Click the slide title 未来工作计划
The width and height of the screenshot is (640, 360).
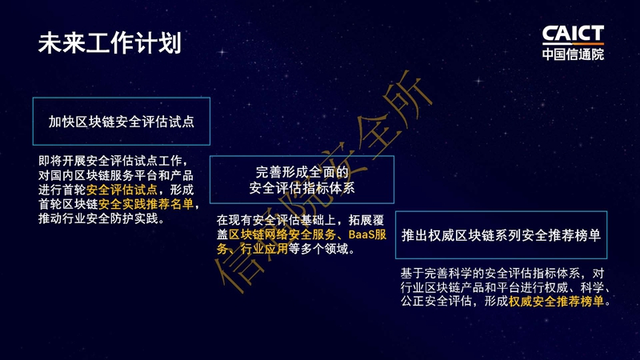pyautogui.click(x=110, y=43)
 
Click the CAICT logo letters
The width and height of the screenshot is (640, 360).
pyautogui.click(x=573, y=34)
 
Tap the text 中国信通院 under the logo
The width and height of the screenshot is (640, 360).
pyautogui.click(x=573, y=54)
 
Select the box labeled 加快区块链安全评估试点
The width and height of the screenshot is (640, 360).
pyautogui.click(x=122, y=122)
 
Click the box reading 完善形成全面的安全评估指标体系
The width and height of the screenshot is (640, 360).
pyautogui.click(x=302, y=179)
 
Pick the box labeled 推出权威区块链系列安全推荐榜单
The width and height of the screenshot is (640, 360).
pyautogui.click(x=501, y=235)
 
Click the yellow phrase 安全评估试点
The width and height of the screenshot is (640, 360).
pyautogui.click(x=122, y=190)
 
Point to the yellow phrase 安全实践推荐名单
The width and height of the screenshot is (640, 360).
pyautogui.click(x=146, y=204)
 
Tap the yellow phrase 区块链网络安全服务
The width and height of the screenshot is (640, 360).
pyautogui.click(x=282, y=234)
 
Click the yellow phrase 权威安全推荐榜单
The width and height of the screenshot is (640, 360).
pyautogui.click(x=556, y=302)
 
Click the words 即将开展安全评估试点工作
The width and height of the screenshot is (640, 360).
pyautogui.click(x=110, y=161)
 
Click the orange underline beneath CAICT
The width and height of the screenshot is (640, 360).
pyautogui.click(x=573, y=43)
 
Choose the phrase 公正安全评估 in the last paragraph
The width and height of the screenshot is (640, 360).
pyautogui.click(x=436, y=302)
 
